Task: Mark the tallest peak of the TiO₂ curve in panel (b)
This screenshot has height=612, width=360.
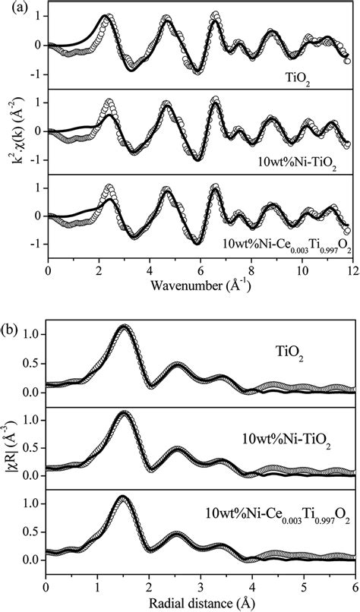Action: click(x=124, y=326)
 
